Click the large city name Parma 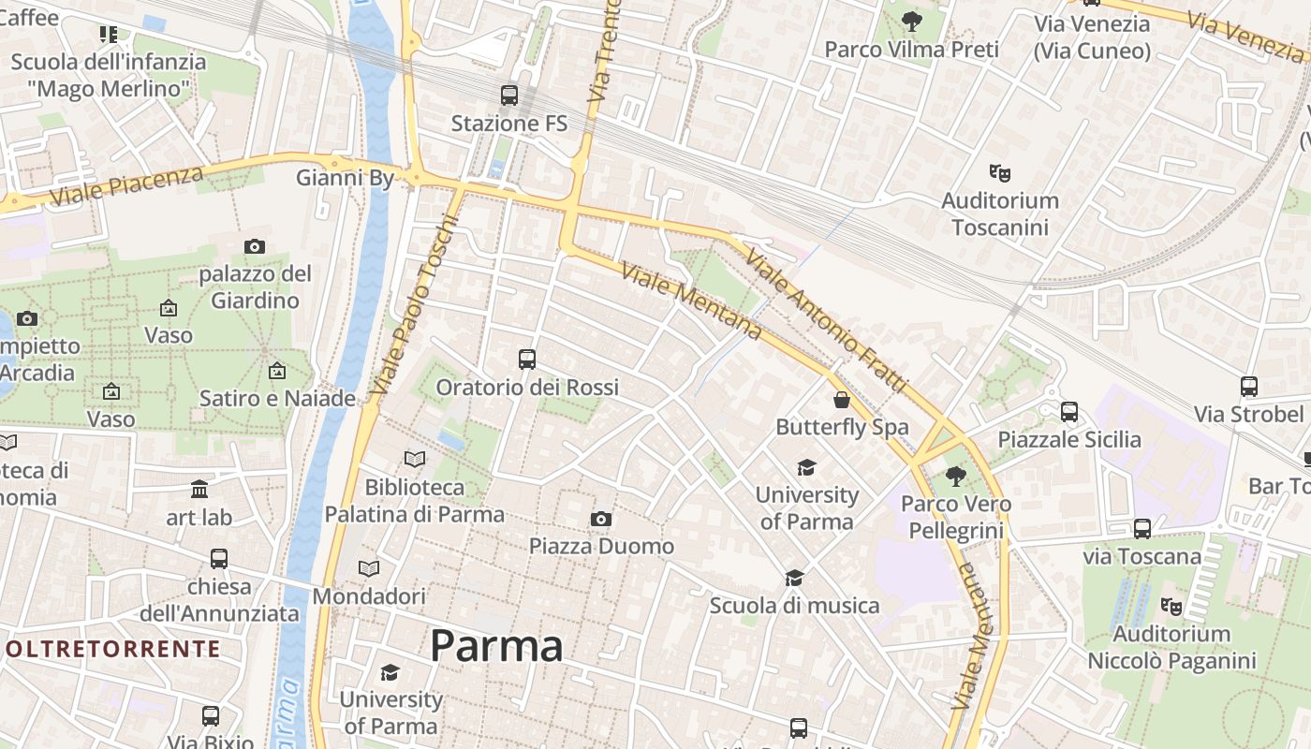[496, 646]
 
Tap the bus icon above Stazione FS [509, 95]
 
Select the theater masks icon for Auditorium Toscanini [1000, 172]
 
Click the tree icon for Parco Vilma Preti [911, 21]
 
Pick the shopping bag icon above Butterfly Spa [842, 400]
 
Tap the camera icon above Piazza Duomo [601, 519]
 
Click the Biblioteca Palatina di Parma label [415, 501]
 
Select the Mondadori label [369, 596]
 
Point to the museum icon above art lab [199, 489]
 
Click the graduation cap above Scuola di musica [794, 578]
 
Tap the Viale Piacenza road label [126, 186]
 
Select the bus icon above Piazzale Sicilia [1069, 411]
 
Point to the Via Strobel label [1248, 414]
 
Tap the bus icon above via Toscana [1142, 529]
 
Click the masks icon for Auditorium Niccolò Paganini [1171, 607]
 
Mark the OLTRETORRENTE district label [112, 649]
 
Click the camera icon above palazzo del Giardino [254, 246]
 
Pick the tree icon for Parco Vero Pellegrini [955, 477]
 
